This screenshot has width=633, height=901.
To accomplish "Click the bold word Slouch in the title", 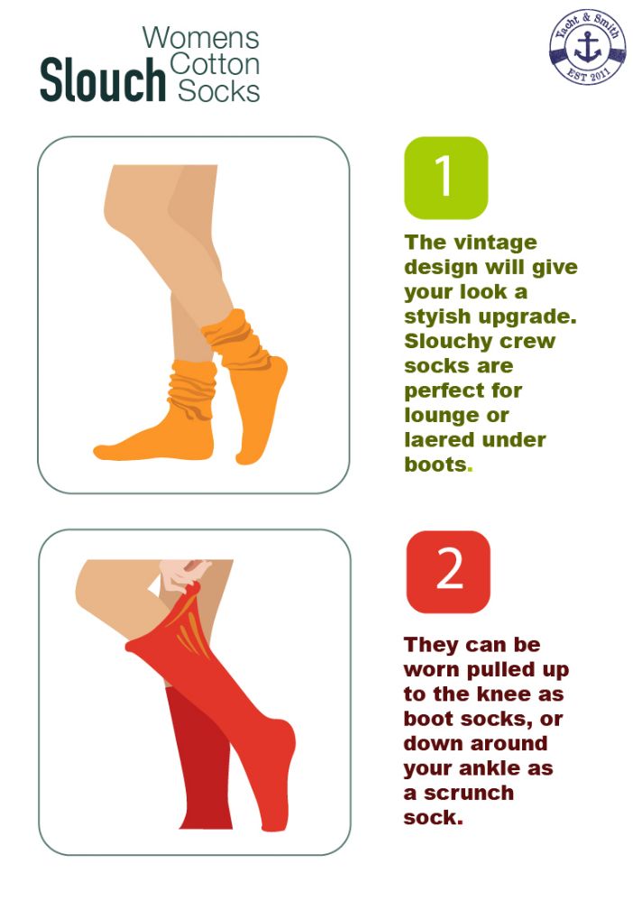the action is click(103, 80).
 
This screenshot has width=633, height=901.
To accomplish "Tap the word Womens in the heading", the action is click(201, 38).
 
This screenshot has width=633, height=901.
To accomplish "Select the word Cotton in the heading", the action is click(215, 64).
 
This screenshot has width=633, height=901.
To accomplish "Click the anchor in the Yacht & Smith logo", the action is click(588, 47).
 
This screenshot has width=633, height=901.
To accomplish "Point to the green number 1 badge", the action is click(446, 178).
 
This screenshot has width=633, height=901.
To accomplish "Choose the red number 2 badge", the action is click(449, 572).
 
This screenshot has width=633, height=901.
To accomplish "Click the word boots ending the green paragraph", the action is click(436, 464).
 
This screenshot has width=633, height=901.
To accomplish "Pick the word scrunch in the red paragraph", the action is click(469, 793).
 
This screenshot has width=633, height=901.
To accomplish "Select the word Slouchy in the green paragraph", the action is click(444, 342).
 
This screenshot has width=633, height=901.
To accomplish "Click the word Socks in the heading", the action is click(219, 91).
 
